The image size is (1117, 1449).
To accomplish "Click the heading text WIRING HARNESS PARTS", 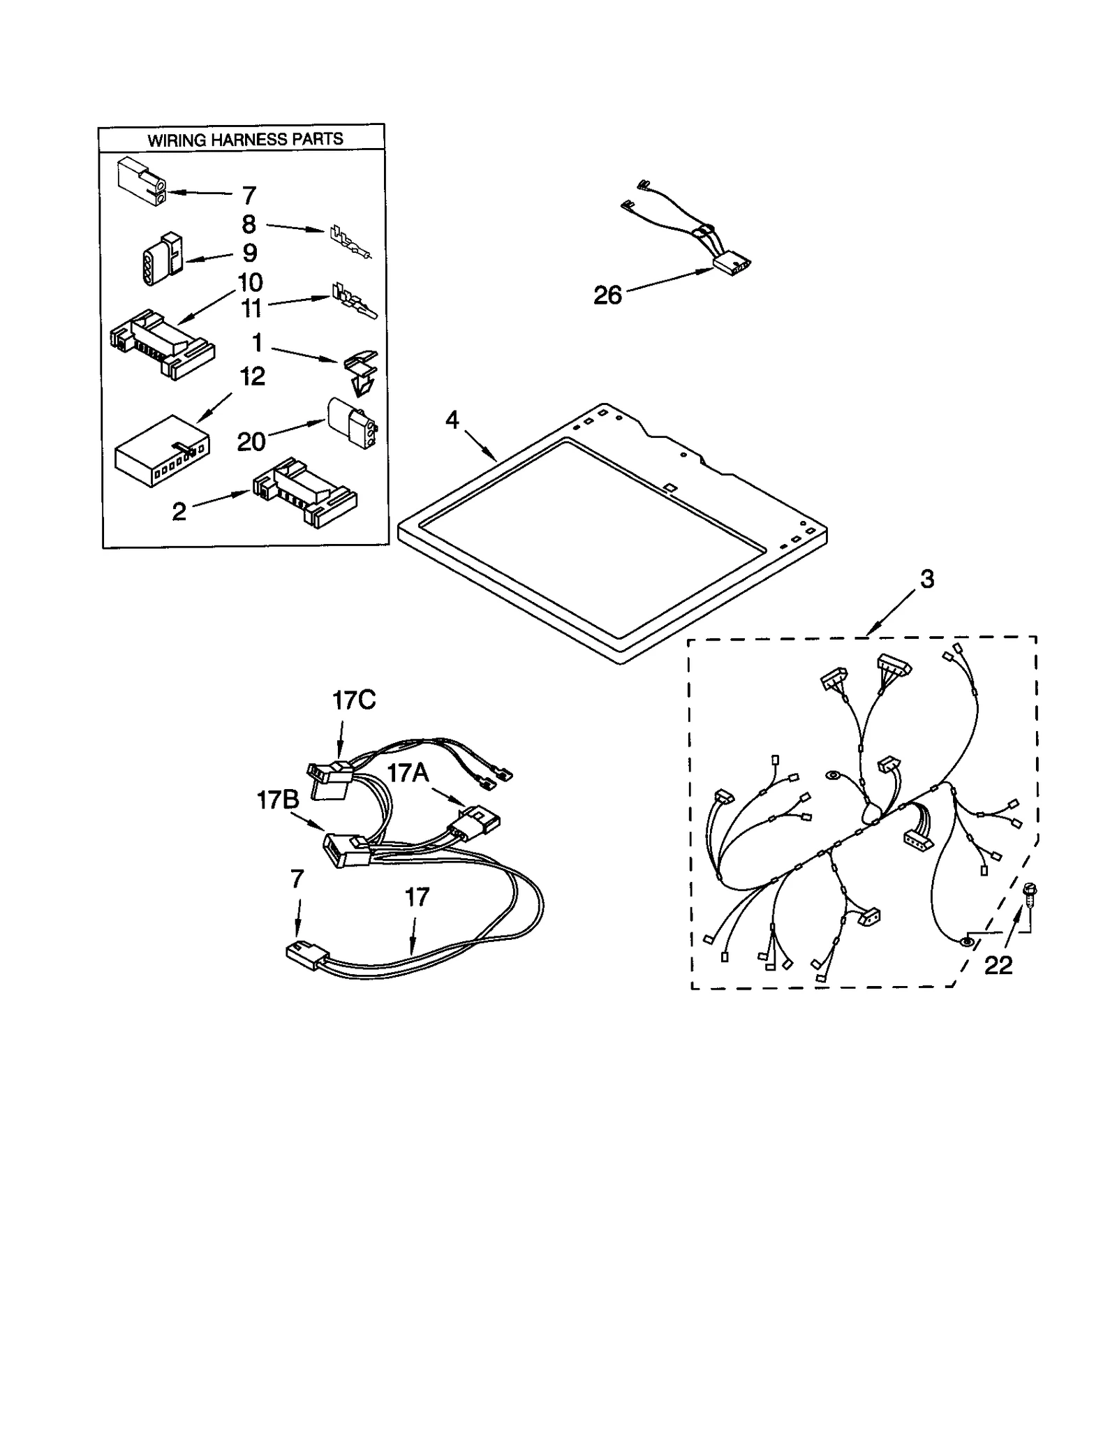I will pos(245,139).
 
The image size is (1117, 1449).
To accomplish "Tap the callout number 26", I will pos(607,295).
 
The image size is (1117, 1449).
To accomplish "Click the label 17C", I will pos(354,700).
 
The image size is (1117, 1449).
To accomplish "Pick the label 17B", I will pos(278,800).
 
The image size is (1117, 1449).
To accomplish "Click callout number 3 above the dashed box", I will pos(926,579).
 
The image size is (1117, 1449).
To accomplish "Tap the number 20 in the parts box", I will pos(251,441).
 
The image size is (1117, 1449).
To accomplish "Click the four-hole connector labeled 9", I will pos(161,259).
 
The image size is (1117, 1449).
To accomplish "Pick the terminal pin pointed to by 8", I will pos(350,240).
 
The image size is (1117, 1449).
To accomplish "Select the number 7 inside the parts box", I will pos(249,195).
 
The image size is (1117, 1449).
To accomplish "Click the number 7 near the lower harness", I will pos(297,879).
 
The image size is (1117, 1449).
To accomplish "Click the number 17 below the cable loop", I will pos(417,897).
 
